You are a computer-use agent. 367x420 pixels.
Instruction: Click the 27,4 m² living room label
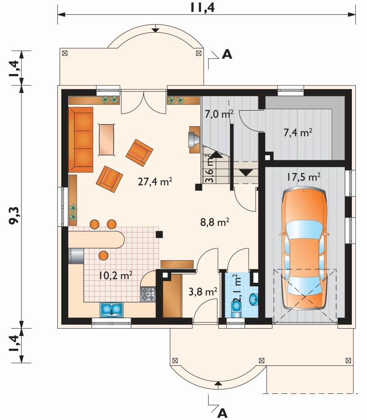(155, 182)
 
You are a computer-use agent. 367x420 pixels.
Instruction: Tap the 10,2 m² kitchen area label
(116, 275)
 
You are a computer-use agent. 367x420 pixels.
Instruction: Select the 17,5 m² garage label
(304, 177)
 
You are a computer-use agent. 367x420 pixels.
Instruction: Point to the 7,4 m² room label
(298, 133)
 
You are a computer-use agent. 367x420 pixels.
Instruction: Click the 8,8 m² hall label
(215, 222)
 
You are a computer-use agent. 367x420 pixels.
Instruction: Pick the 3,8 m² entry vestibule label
(203, 291)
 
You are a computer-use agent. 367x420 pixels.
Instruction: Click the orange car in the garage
(304, 248)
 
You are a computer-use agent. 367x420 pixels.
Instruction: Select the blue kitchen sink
(111, 310)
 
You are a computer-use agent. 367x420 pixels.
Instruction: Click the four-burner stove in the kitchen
(148, 294)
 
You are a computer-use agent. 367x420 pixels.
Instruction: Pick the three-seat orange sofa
(81, 140)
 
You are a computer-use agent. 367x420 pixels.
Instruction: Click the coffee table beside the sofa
(107, 139)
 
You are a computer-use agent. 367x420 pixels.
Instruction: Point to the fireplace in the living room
(195, 140)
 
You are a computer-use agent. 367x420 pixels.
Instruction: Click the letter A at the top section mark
(227, 54)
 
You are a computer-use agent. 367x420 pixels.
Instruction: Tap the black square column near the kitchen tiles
(159, 235)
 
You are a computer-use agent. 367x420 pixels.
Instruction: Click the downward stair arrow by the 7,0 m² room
(246, 172)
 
